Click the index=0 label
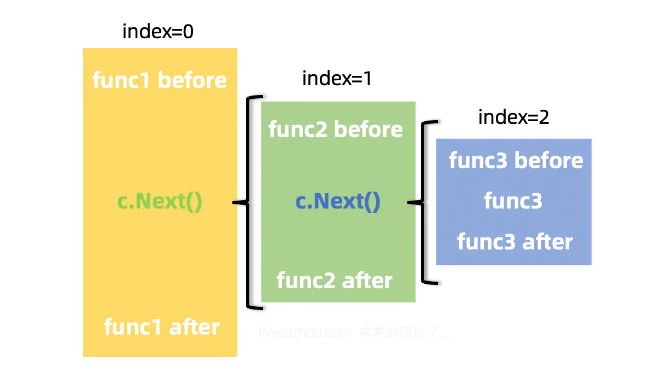157,32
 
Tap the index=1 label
337,79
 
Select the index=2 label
513,117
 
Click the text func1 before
159,80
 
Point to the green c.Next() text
160,201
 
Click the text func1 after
161,327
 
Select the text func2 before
335,129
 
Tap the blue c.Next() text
337,201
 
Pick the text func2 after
334,280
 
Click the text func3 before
516,160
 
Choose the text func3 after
514,241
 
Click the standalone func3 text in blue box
513,201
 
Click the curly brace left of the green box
249,203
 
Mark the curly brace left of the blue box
424,203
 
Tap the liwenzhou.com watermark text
305,332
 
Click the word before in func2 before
368,129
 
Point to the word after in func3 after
547,241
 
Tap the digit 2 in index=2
543,117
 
